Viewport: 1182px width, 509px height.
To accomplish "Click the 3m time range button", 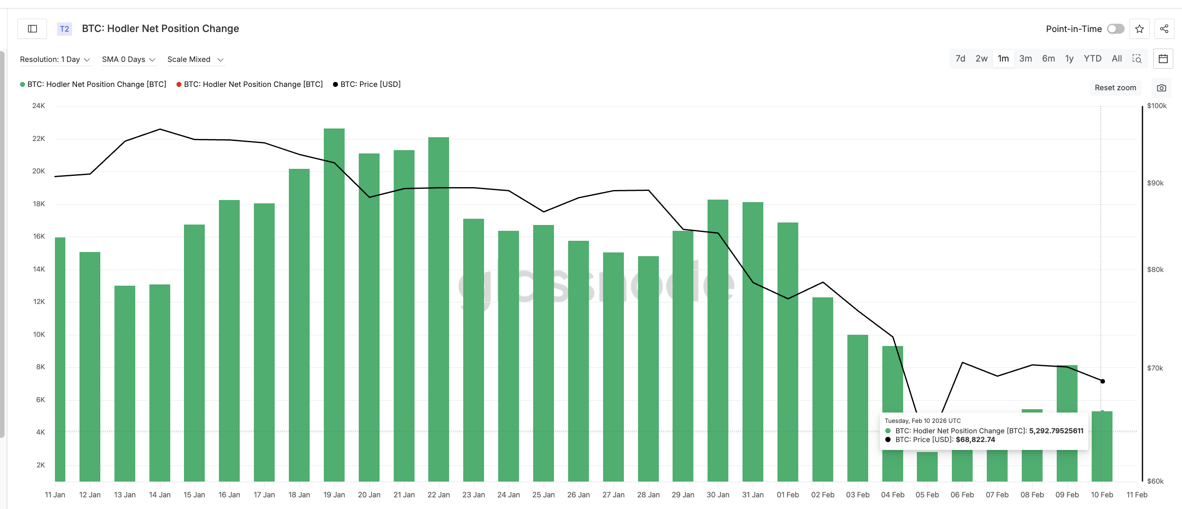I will point(1025,59).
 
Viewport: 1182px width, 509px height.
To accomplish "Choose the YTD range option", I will point(1092,59).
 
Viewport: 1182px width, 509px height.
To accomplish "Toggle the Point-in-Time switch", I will point(1115,29).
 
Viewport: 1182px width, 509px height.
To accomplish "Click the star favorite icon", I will point(1139,29).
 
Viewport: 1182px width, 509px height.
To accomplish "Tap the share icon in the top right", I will point(1164,29).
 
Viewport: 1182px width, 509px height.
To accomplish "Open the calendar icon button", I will point(1163,59).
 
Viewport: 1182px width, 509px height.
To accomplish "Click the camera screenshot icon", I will point(1161,88).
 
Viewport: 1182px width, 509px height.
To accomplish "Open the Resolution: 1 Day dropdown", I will point(55,59).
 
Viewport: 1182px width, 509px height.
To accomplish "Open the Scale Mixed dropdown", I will point(195,59).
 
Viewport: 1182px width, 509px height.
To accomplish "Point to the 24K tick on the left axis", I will point(39,106).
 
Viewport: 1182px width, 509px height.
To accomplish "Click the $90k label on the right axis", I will point(1155,183).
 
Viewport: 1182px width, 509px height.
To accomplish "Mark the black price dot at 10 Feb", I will point(1103,381).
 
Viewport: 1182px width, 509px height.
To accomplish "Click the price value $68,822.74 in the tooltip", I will point(975,439).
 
